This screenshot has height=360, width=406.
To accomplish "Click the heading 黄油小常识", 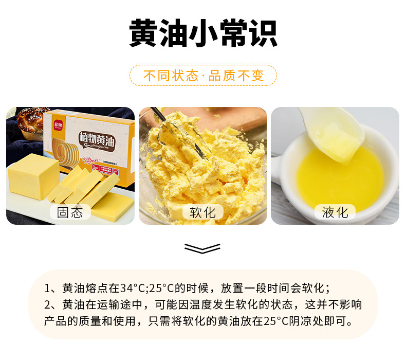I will pyautogui.click(x=203, y=35).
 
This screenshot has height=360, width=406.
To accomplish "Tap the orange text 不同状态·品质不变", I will pyautogui.click(x=203, y=76).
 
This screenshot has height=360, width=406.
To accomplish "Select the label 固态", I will pyautogui.click(x=70, y=212).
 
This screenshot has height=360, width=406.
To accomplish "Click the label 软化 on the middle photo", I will pyautogui.click(x=202, y=212).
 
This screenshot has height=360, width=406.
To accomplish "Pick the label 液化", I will pyautogui.click(x=335, y=212).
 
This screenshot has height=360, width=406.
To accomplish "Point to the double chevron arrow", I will pyautogui.click(x=202, y=249).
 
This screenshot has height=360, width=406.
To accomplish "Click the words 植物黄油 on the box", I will pyautogui.click(x=98, y=137).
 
